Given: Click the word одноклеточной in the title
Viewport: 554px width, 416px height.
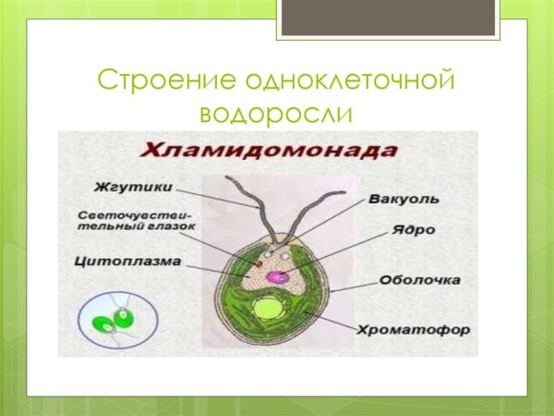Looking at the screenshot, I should tap(347, 80).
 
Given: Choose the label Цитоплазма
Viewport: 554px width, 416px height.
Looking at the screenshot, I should tap(127, 261).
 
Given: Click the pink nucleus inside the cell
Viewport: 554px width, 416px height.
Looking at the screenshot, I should tap(277, 275).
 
